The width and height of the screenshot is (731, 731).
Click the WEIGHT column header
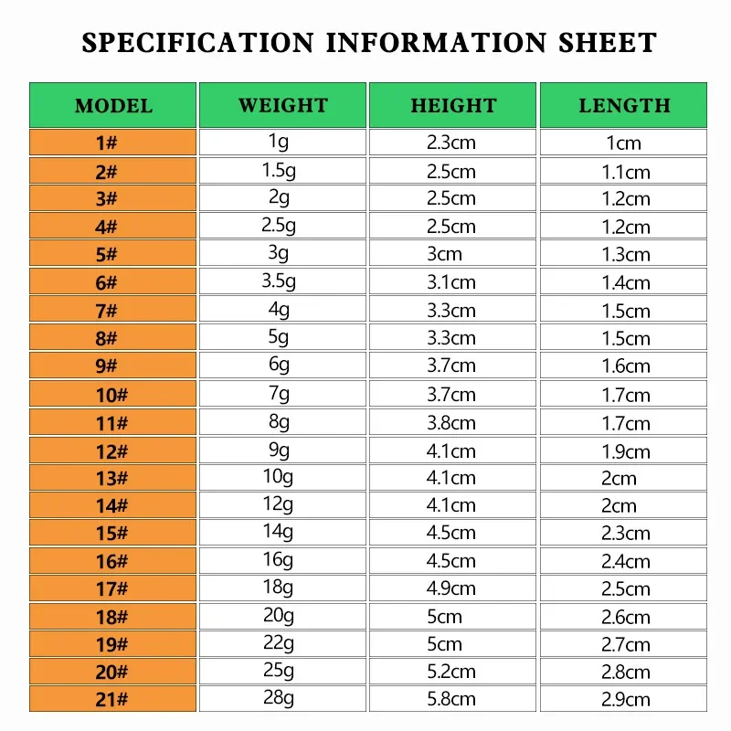(x=282, y=105)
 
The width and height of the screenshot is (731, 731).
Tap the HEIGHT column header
(x=453, y=105)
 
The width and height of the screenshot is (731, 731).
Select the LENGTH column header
(x=624, y=105)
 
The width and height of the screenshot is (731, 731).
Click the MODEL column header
(x=113, y=105)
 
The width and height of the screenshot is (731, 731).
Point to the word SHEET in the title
(x=605, y=43)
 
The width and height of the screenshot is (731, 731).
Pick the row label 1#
(x=113, y=143)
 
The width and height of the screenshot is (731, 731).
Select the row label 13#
(x=113, y=478)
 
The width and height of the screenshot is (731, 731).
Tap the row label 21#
(x=113, y=700)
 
